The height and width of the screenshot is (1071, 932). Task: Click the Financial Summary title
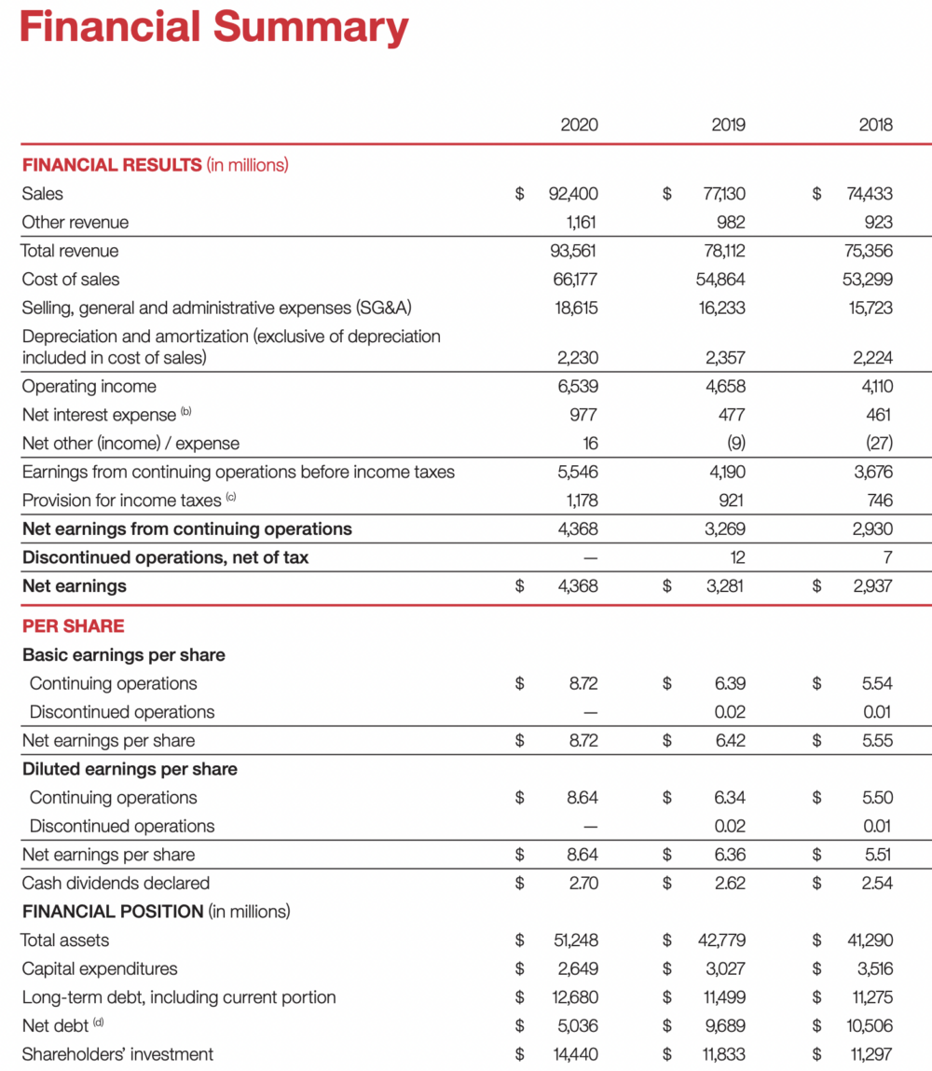[213, 27]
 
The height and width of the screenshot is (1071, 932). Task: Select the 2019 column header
[728, 125]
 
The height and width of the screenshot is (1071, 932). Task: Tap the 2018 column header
[875, 125]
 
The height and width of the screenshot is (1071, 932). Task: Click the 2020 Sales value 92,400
[573, 194]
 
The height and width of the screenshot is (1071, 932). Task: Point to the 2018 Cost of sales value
[869, 279]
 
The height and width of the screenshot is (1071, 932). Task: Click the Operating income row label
[89, 386]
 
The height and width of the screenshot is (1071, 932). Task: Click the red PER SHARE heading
[73, 625]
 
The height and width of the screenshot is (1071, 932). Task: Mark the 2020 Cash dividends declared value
[582, 883]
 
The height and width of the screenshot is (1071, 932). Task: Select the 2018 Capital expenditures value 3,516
[872, 968]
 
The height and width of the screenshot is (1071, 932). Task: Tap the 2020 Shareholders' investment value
[572, 1054]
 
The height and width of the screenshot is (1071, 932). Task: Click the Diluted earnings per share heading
[130, 769]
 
